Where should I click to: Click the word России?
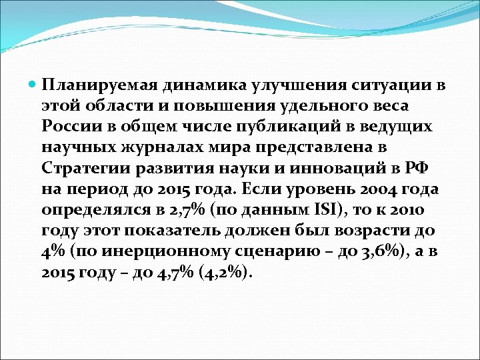coord(69,126)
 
